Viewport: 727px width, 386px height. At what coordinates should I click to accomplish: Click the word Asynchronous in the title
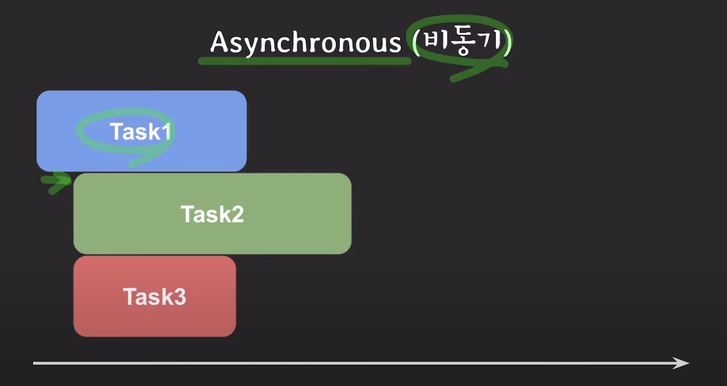click(x=305, y=43)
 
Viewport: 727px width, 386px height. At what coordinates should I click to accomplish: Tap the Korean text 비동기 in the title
click(x=463, y=42)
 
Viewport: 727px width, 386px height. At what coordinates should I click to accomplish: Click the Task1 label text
click(x=140, y=132)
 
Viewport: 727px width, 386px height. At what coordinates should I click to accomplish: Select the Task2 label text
click(x=212, y=215)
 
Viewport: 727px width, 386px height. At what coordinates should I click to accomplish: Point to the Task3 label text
click(x=154, y=297)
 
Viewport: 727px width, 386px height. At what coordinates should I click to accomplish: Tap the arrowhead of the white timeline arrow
click(x=682, y=363)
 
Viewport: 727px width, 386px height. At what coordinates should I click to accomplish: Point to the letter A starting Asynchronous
click(x=219, y=43)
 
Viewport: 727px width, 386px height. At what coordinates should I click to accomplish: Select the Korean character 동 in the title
click(x=463, y=43)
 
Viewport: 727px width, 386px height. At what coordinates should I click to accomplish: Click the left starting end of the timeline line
click(x=35, y=363)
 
